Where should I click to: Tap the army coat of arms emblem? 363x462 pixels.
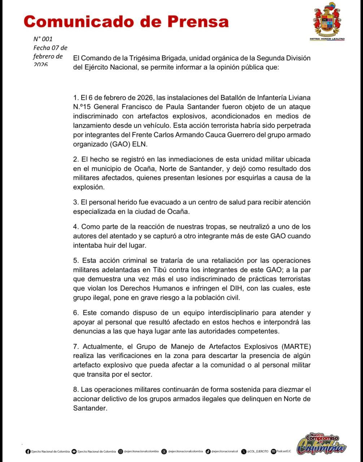tap(327, 19)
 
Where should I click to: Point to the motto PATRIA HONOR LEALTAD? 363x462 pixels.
tap(327, 39)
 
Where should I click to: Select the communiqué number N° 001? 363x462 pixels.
tap(43, 39)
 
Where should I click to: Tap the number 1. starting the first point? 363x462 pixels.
tap(75, 98)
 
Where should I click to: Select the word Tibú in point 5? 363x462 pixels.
tap(166, 270)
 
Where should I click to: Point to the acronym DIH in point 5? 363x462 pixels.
tap(222, 289)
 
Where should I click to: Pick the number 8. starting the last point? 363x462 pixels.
tap(75, 390)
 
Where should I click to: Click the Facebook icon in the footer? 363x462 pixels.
tap(28, 451)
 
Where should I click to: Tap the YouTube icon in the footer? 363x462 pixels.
tap(74, 451)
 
